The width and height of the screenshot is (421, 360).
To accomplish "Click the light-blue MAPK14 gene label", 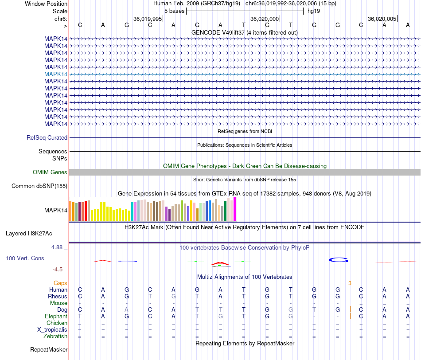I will click(56, 74).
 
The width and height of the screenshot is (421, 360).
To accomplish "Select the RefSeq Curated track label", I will click(47, 137).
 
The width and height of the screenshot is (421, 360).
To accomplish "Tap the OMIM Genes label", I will click(50, 172).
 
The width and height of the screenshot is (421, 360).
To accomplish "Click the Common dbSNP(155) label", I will click(39, 186).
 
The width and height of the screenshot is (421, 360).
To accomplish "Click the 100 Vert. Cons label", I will click(25, 258).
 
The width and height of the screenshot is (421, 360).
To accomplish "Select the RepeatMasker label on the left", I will click(49, 350).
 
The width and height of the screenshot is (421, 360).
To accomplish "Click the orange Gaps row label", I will click(60, 283).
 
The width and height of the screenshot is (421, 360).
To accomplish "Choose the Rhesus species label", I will click(58, 296).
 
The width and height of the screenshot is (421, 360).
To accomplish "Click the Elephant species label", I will click(56, 316).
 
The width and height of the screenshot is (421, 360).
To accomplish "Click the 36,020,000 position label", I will click(265, 19).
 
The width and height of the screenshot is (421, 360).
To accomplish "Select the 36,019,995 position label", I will click(148, 19).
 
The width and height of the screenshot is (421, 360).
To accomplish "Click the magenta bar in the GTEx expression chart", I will click(235, 209).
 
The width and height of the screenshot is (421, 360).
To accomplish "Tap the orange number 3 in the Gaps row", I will click(350, 283).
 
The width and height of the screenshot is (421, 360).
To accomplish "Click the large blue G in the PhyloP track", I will click(338, 259).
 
